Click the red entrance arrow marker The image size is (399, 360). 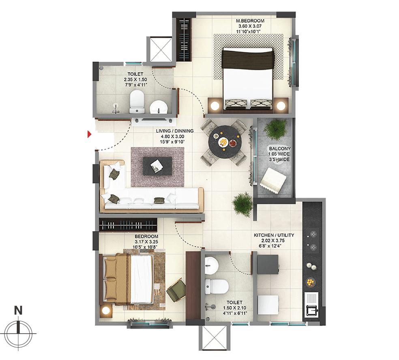click(x=89, y=134)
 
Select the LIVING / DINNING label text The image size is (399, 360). click(x=174, y=131)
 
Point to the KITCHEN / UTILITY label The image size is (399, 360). click(x=274, y=235)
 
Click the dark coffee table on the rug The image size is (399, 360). click(x=157, y=166)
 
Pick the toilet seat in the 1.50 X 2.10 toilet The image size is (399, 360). click(x=217, y=287)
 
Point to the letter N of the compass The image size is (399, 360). click(x=18, y=311)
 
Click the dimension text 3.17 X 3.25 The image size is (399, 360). click(x=146, y=242)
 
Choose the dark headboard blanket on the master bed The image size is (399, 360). click(x=248, y=58)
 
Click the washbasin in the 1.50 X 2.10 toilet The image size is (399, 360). click(x=212, y=265)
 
